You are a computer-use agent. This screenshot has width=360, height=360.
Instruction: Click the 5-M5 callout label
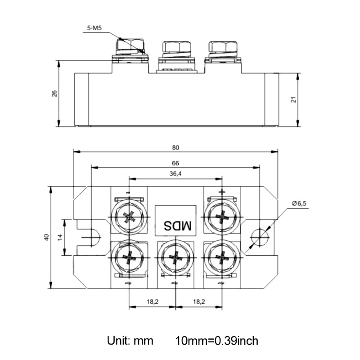[x=94, y=28]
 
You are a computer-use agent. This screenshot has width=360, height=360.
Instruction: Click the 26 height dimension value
[x=54, y=94]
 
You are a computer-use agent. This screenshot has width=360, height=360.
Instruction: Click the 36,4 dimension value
[x=175, y=174]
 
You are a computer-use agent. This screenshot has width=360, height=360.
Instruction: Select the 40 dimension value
[x=45, y=237]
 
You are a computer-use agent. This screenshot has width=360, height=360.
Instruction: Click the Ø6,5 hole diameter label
[x=299, y=203]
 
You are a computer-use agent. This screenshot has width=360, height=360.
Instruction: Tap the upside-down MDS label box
[x=176, y=221]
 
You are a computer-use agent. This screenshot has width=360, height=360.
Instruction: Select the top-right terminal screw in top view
[x=221, y=217]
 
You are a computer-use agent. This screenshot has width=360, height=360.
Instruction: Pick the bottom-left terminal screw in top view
[x=130, y=258]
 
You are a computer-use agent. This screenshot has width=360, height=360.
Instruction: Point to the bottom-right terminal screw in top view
[x=221, y=258]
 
